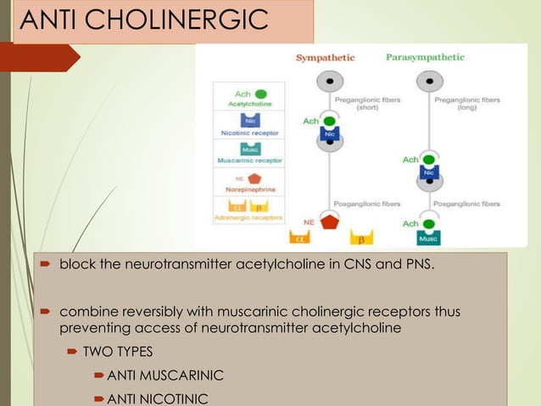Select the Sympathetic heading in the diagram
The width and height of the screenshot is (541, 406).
325,58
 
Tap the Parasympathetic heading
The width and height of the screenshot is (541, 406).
425,58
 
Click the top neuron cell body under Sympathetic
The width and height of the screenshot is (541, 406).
328,80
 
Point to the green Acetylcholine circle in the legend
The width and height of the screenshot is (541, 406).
261,93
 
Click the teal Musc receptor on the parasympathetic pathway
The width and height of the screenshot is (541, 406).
429,237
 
